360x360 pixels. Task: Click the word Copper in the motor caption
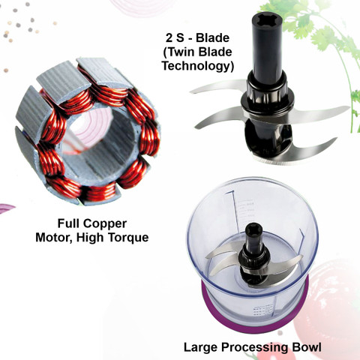tap(105, 223)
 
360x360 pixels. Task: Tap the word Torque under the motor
tap(128, 238)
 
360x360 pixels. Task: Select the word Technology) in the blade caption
tap(198, 66)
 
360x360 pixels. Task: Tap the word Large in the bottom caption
tap(201, 347)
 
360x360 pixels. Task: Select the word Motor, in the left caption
tap(54, 238)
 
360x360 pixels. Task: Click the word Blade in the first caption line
tap(212, 38)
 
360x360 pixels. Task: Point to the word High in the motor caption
tap(91, 238)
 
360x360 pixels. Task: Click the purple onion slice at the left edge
tap(6, 208)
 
